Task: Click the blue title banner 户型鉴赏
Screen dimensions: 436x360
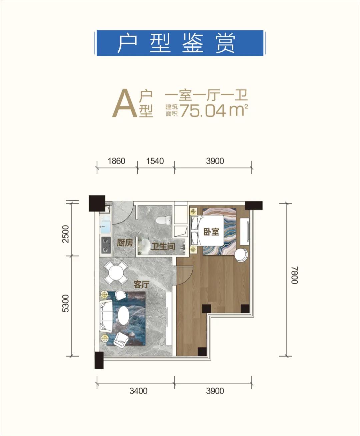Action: pyautogui.click(x=180, y=43)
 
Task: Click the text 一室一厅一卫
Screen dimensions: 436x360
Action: pyautogui.click(x=207, y=95)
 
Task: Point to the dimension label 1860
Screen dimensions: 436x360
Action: pyautogui.click(x=116, y=161)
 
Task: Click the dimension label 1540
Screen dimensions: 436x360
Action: pyautogui.click(x=155, y=161)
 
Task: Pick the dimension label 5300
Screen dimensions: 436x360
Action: pyautogui.click(x=66, y=303)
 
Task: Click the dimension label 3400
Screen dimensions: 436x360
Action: pyautogui.click(x=138, y=391)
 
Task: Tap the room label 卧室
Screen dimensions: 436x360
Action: pyautogui.click(x=211, y=231)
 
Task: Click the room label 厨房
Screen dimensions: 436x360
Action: pyautogui.click(x=125, y=243)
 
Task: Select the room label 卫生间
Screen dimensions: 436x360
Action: pyautogui.click(x=163, y=247)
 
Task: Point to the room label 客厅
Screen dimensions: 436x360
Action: pyautogui.click(x=141, y=285)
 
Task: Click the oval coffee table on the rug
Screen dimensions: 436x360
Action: pyautogui.click(x=124, y=315)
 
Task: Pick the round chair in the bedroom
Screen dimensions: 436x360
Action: pyautogui.click(x=241, y=255)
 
